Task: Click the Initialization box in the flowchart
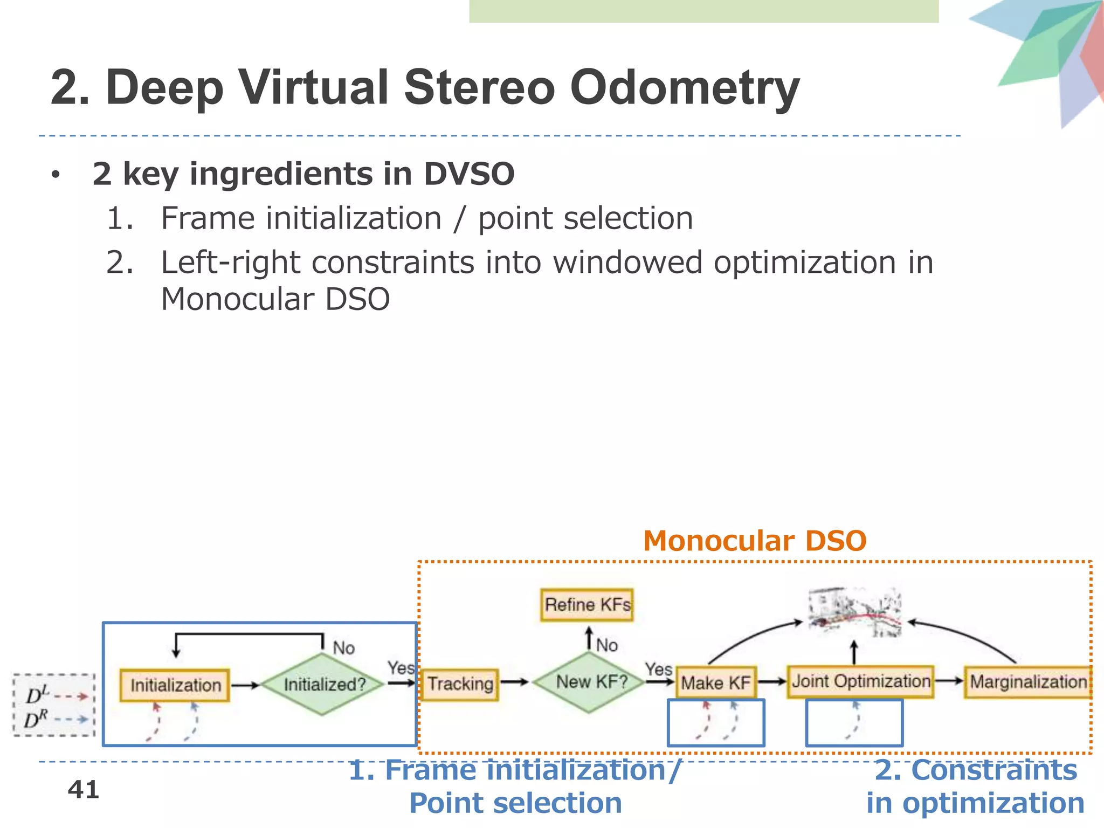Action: coord(175,685)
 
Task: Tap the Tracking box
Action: coord(460,684)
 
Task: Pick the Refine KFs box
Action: coord(587,605)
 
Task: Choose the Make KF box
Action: coord(715,683)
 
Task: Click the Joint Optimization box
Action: coord(860,681)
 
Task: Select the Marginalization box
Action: coord(1027,682)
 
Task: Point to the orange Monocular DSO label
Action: coord(755,541)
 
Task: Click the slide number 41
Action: coord(84,790)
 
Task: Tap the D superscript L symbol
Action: coord(37,695)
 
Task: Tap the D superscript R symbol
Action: coord(36,719)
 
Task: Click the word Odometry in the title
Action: coord(685,88)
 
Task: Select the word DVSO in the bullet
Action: coord(468,174)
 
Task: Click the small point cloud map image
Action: coord(854,612)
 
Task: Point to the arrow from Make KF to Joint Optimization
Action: coord(772,682)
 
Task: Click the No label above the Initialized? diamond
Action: coord(343,647)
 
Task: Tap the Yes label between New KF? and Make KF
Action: coord(658,670)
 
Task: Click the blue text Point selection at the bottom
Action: coord(515,803)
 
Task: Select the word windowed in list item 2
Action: coord(627,263)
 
